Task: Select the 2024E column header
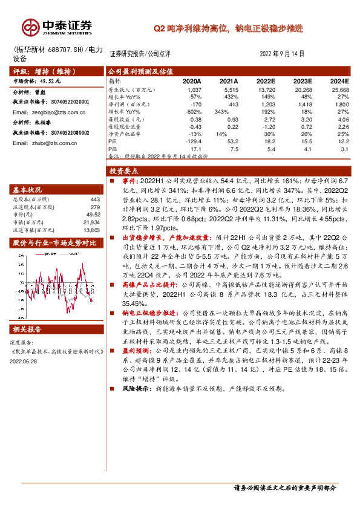point(339,80)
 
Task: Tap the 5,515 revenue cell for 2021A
point(229,89)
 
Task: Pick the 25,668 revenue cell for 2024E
point(339,89)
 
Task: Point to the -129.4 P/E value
point(192,140)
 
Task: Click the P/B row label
point(113,148)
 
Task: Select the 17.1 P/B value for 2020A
point(195,148)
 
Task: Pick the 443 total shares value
point(94,199)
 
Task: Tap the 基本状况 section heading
point(28,189)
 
